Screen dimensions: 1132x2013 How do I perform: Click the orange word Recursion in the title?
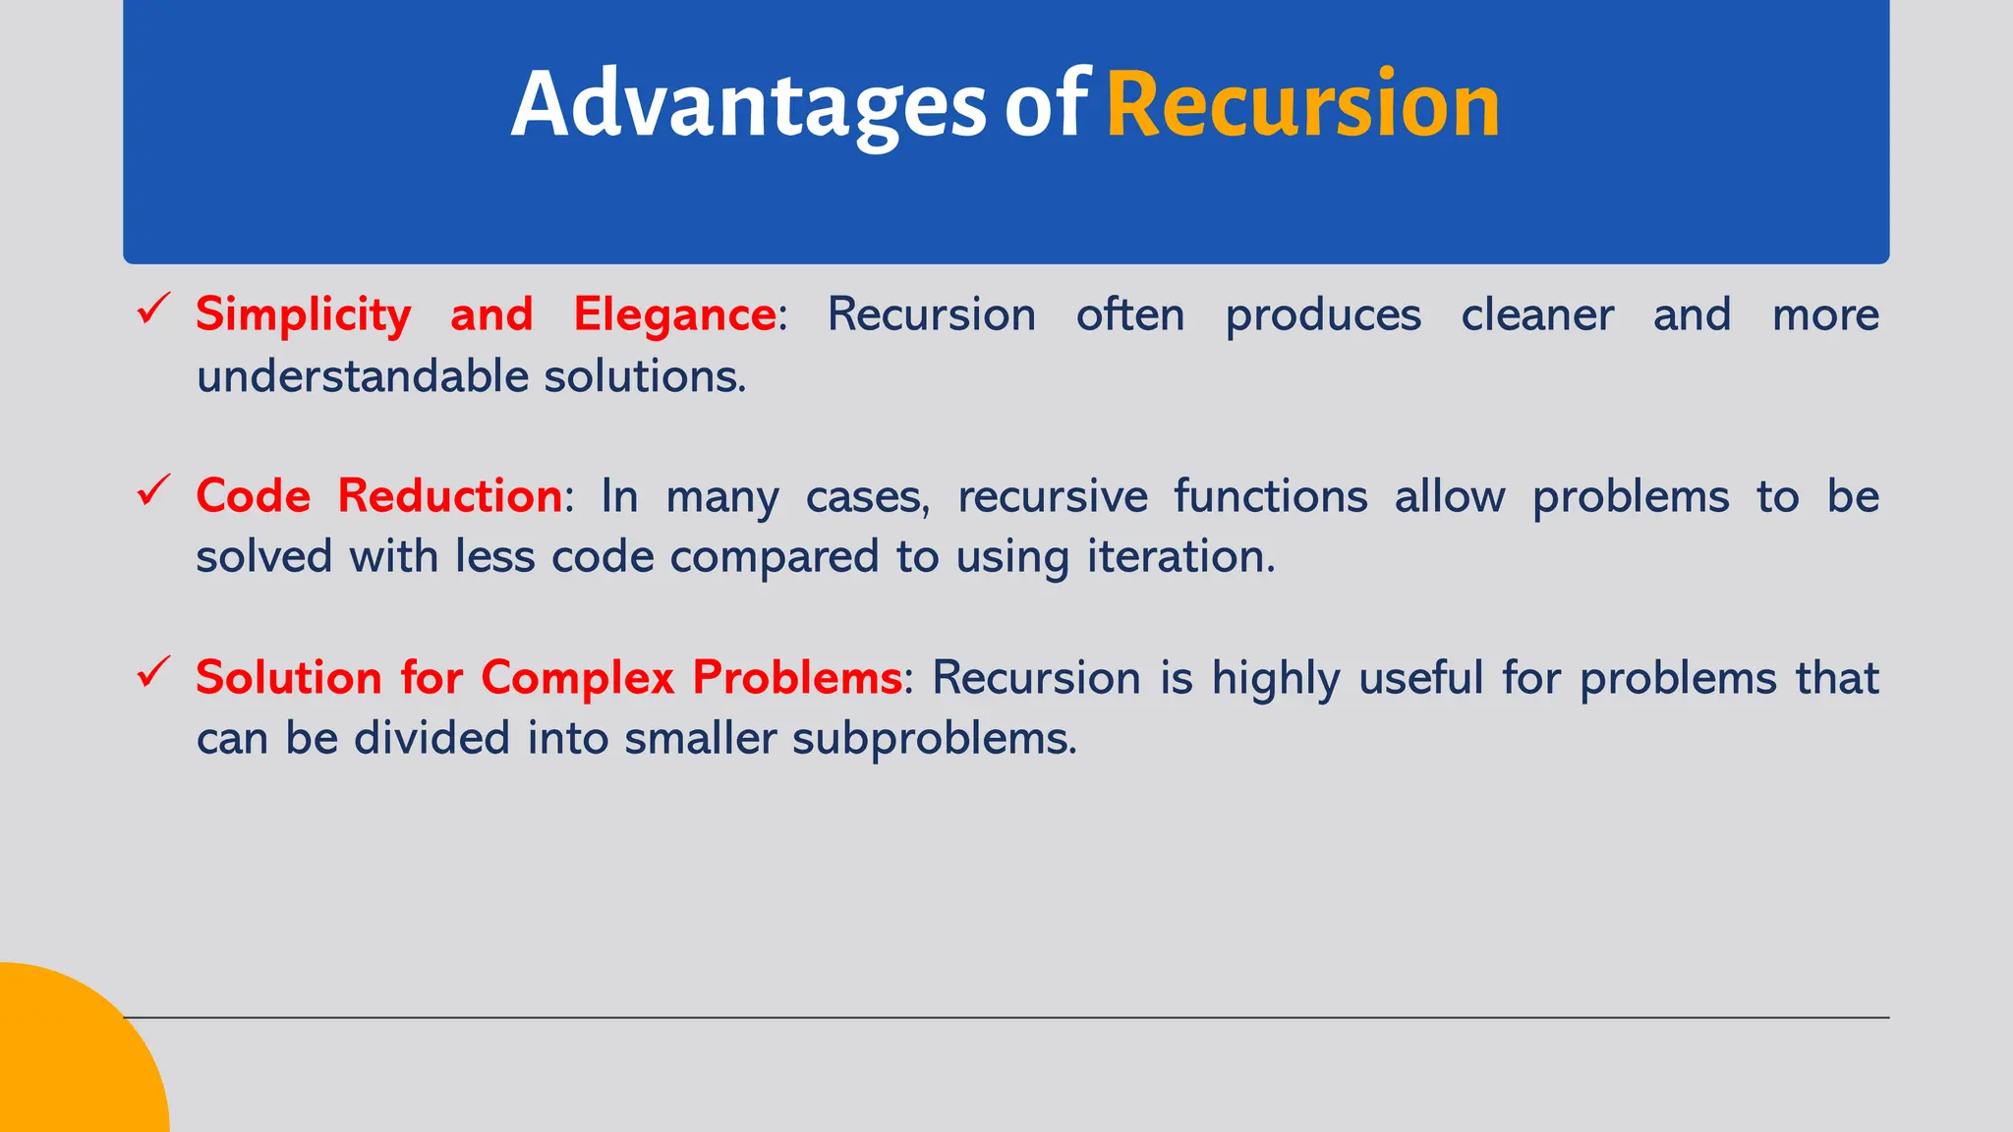coord(1302,104)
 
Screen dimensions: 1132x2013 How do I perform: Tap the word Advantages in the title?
coord(748,106)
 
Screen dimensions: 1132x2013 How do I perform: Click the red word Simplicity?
coord(303,315)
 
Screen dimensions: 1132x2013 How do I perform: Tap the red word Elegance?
coord(674,315)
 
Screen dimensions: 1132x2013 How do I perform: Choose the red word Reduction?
coord(450,495)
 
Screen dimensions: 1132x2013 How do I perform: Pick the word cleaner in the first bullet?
coord(1536,315)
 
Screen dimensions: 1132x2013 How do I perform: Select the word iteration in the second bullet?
coord(1179,557)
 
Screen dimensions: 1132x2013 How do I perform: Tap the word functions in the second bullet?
coord(1270,495)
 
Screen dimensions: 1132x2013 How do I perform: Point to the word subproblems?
coord(934,738)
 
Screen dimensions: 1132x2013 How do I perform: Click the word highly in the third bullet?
coord(1275,679)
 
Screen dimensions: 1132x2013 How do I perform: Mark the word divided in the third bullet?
coord(431,738)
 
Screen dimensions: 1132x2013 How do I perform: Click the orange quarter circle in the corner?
coord(69,1061)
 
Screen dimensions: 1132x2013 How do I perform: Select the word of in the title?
coord(1045,106)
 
